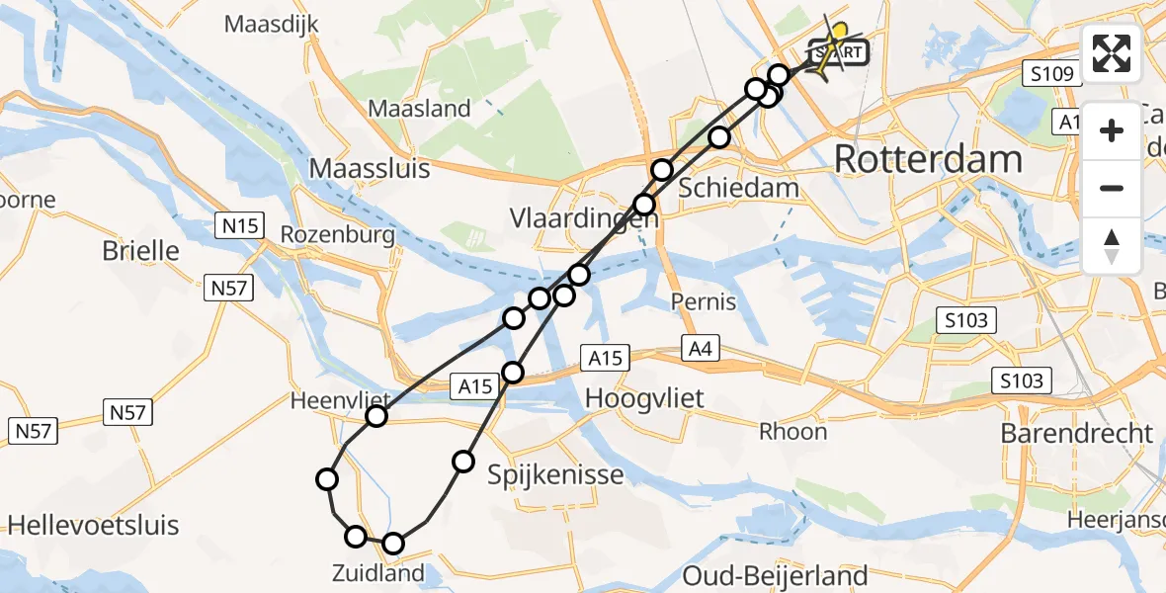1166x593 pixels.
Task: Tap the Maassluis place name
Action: (x=370, y=168)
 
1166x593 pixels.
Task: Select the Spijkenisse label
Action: (x=555, y=475)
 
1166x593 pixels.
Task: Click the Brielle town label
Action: (x=140, y=251)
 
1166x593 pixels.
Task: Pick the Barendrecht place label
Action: (x=1076, y=433)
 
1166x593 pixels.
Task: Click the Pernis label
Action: (x=703, y=301)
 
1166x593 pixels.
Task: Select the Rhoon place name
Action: (x=792, y=431)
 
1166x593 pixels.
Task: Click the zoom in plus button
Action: (x=1112, y=130)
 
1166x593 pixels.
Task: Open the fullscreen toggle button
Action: (x=1112, y=53)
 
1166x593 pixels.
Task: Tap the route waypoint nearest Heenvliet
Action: (x=375, y=416)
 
